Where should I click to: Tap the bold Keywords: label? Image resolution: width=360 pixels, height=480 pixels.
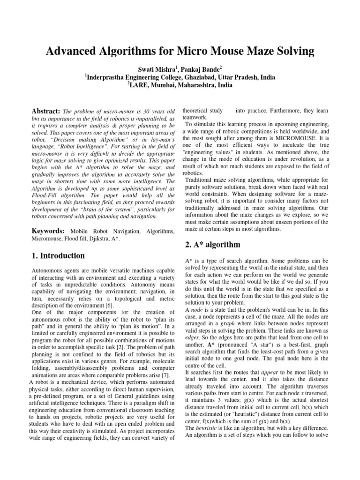coord(49,232)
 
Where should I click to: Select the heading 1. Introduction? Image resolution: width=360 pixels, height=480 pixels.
coord(58,256)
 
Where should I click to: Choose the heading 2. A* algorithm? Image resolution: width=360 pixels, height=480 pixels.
coord(211,244)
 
